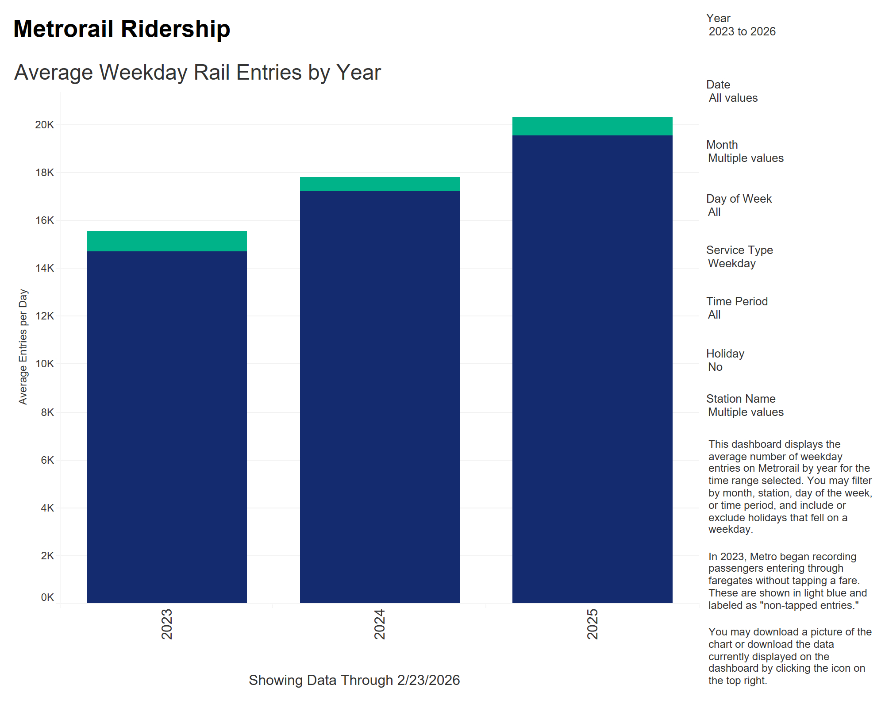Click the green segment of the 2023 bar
[x=167, y=241]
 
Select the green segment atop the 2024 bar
[x=380, y=184]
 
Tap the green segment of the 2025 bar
[x=592, y=126]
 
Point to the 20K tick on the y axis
[x=45, y=125]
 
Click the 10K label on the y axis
[x=45, y=364]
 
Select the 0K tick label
[x=47, y=597]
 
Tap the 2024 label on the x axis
[x=380, y=624]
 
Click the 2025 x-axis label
[x=592, y=624]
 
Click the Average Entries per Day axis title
[x=23, y=347]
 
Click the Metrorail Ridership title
[x=122, y=29]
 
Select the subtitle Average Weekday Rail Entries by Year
[x=197, y=73]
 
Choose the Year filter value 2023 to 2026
[x=742, y=32]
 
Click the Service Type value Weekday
[x=732, y=264]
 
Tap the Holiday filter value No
[x=715, y=367]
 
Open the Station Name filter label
[x=741, y=399]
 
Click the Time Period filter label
[x=737, y=301]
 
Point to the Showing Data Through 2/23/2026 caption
[x=354, y=680]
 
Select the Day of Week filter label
[x=739, y=199]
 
